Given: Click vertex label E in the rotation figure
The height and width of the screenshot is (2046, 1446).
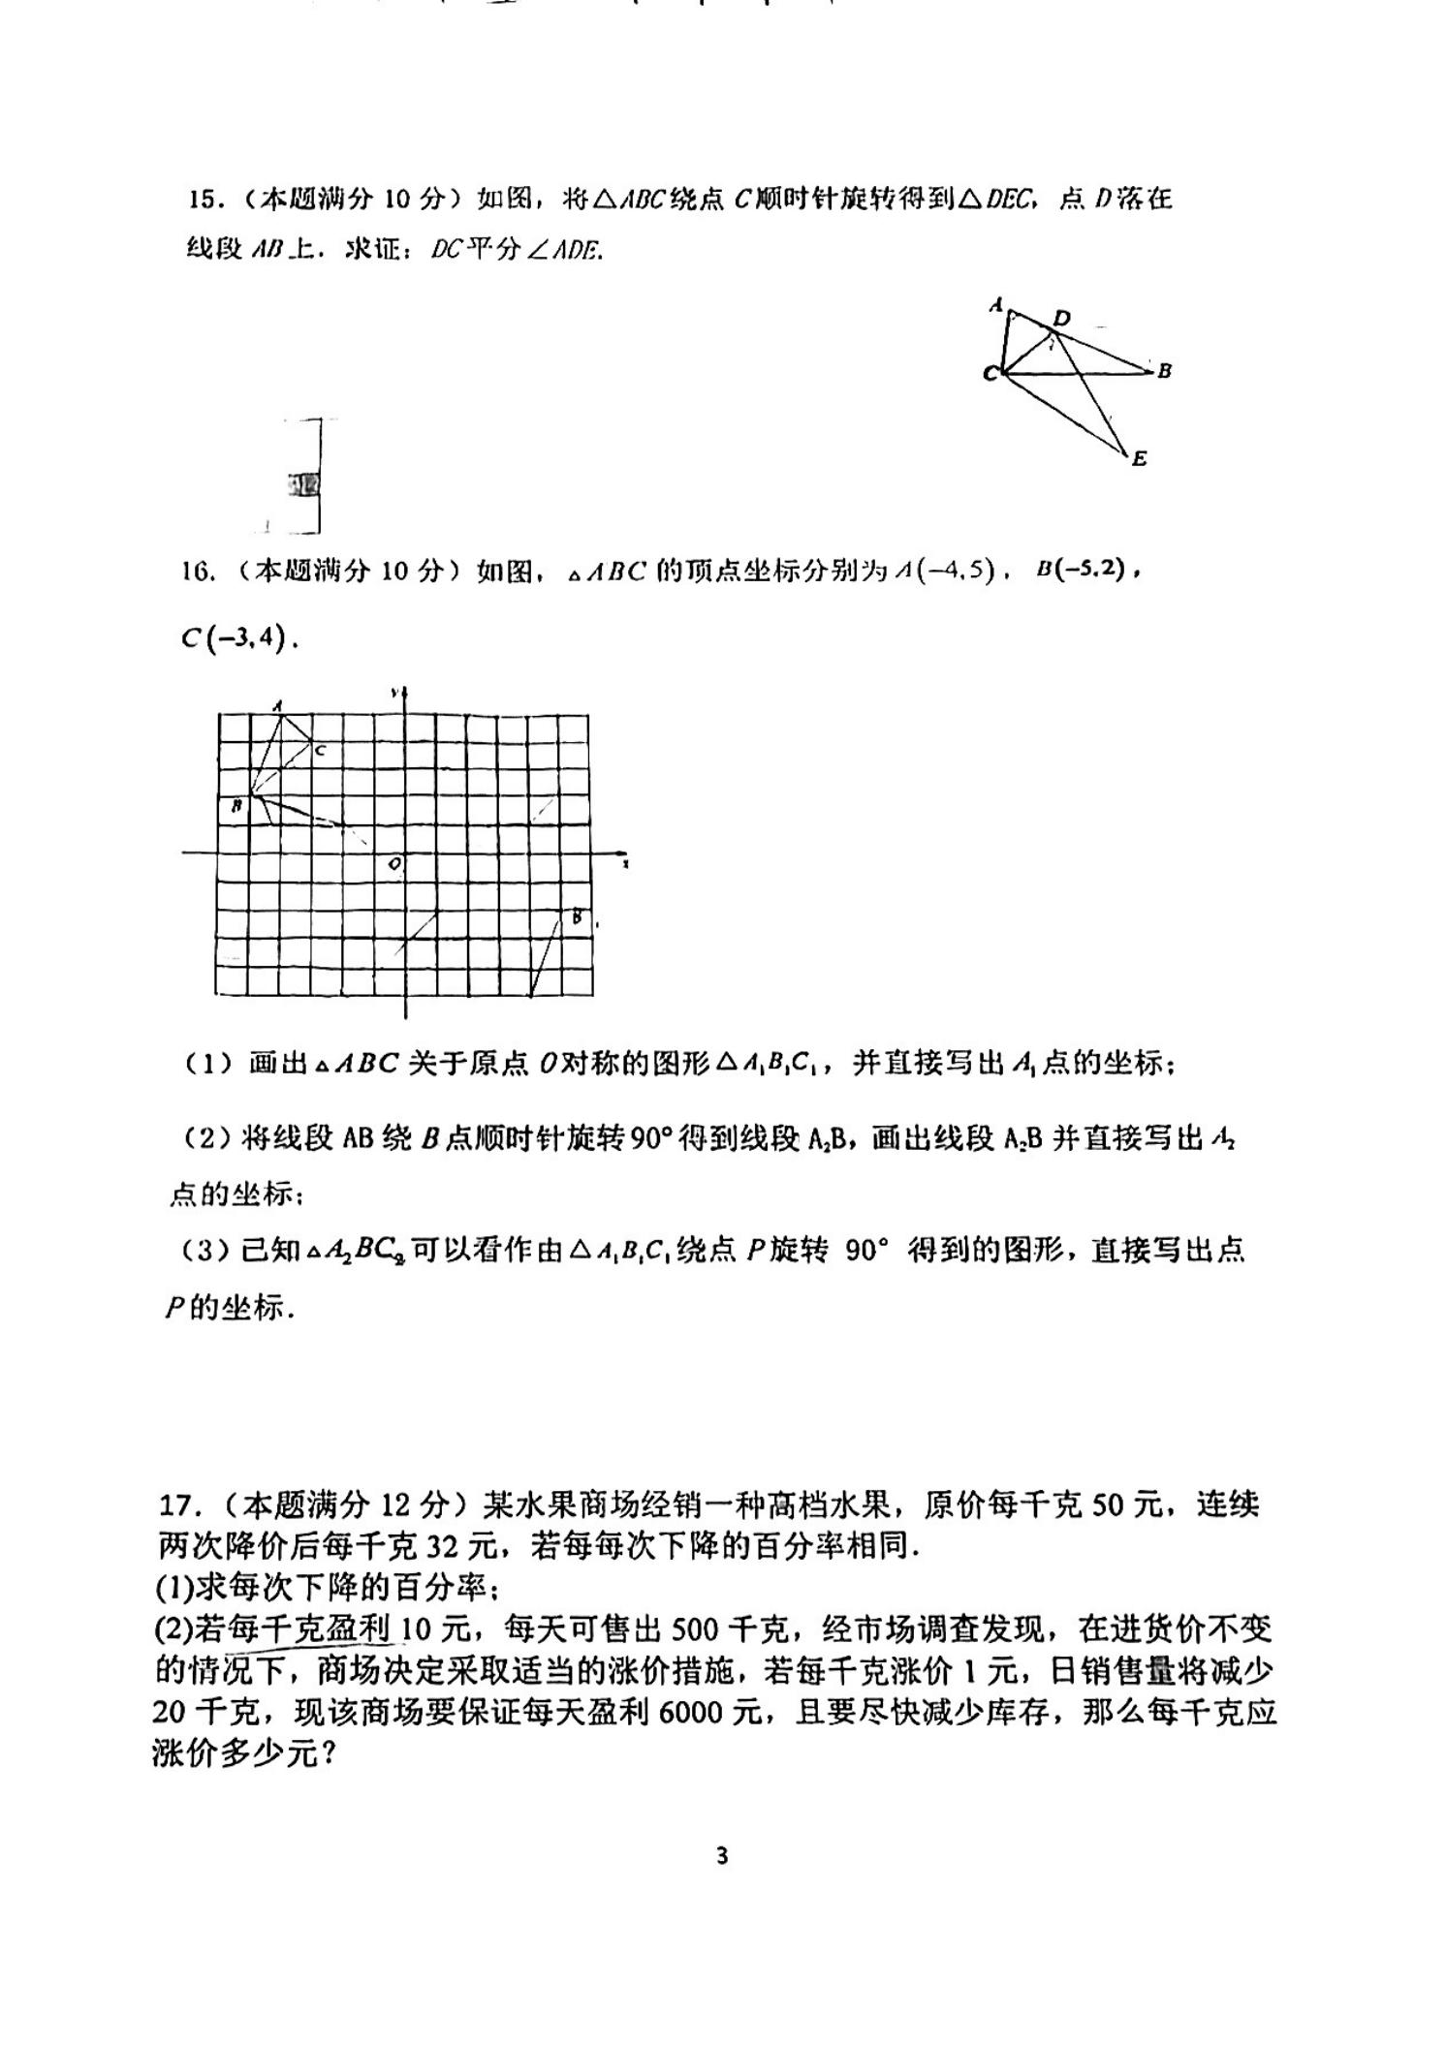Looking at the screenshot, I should coord(1139,459).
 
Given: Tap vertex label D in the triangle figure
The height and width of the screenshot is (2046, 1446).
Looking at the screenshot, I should coord(1062,318).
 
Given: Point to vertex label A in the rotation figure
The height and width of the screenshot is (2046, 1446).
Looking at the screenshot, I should coord(995,305).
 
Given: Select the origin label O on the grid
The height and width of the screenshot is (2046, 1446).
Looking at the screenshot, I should coord(394,863).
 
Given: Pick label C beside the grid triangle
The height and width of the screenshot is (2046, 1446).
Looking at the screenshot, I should coord(320,751).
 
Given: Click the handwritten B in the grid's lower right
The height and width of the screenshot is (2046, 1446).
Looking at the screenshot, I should coord(577,916).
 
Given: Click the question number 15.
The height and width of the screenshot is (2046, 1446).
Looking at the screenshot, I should coord(205,200).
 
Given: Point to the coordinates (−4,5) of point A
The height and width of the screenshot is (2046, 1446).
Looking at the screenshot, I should coord(959,571).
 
